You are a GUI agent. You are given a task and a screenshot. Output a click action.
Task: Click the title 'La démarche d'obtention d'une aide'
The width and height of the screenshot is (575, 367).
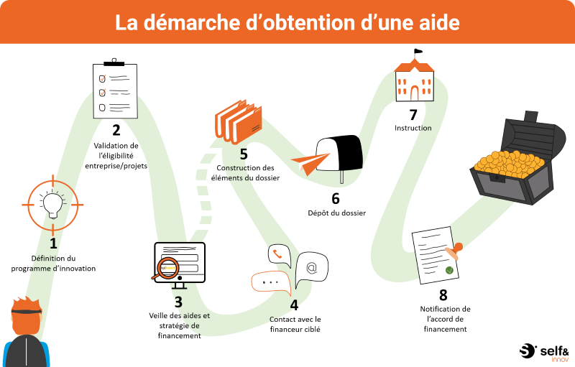287,22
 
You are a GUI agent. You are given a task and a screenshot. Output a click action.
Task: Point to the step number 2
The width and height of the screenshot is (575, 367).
116,130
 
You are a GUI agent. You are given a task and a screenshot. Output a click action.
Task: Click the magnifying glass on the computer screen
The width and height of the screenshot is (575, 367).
166,266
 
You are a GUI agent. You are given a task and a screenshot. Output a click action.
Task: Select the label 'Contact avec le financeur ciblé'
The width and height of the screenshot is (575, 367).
295,324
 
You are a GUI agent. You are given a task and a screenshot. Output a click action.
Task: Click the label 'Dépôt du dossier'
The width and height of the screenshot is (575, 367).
332,213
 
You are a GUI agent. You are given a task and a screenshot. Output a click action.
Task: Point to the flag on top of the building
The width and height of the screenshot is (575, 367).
418,52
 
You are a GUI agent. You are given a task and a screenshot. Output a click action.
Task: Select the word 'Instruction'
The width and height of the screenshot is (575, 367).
413,128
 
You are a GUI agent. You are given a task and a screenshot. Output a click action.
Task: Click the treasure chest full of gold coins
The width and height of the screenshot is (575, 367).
514,162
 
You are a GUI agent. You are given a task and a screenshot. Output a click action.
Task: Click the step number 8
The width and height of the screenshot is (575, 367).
443,295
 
